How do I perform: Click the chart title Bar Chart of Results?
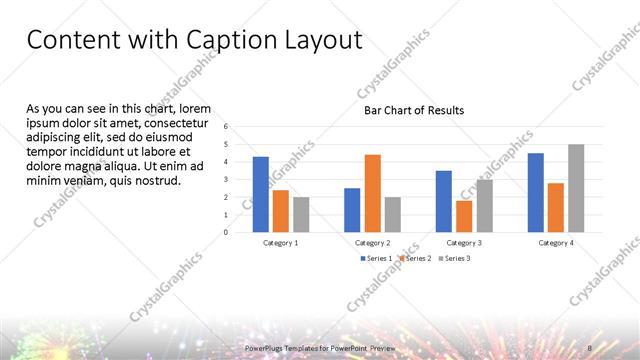point(413,110)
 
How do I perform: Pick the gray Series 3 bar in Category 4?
point(576,188)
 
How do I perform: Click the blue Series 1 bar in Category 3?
point(444,201)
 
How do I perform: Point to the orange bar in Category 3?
point(464,216)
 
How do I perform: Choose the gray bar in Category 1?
point(301,214)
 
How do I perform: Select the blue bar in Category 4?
point(536,192)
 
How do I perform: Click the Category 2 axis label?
point(372,243)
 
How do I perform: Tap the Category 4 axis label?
point(556,243)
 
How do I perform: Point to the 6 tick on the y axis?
point(227,127)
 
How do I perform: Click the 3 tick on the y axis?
point(227,180)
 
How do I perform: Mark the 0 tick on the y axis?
point(227,232)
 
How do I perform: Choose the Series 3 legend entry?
point(455,258)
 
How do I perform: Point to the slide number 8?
point(590,348)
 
